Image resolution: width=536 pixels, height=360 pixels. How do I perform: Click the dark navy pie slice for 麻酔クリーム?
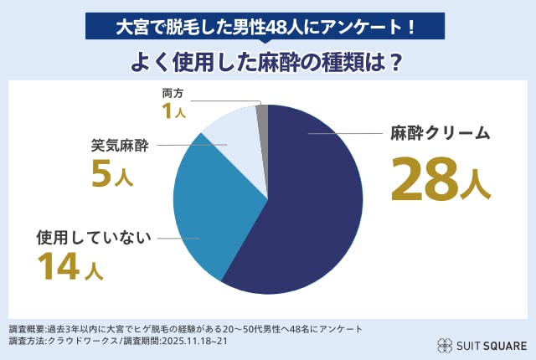[x=314, y=209]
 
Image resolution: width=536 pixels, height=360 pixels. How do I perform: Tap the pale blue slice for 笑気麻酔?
[x=234, y=138]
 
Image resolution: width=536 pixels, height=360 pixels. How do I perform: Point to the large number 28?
[x=425, y=177]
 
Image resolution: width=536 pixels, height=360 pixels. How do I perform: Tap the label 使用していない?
[x=93, y=238]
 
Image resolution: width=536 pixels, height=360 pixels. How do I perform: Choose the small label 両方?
[x=172, y=92]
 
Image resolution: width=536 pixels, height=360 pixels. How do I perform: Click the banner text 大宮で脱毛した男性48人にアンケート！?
[x=267, y=26]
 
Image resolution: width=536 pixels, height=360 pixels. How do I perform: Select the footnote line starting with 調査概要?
[x=185, y=329]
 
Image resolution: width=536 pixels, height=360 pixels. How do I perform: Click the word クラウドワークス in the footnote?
[x=82, y=342]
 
